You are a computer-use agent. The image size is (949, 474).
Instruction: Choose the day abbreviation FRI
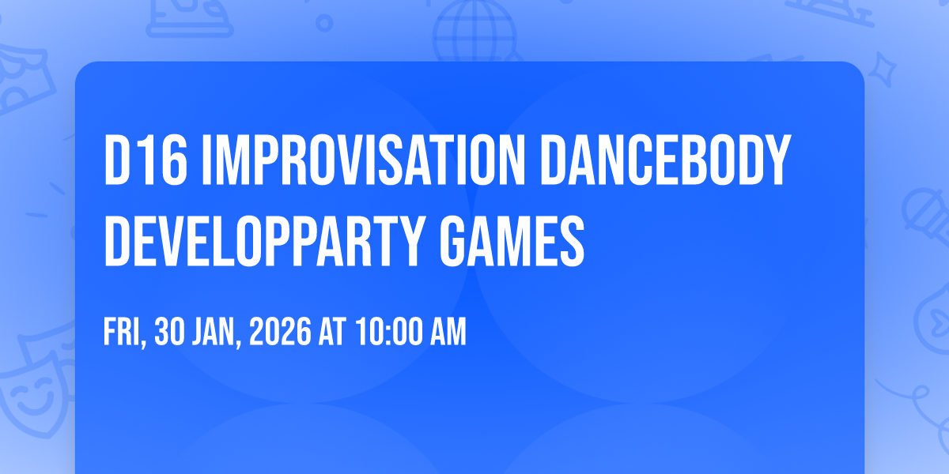[x=123, y=333]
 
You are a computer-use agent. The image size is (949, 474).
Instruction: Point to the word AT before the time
[x=331, y=333]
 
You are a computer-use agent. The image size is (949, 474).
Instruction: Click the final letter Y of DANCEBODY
[x=777, y=161]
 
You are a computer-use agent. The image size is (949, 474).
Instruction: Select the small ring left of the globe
[x=323, y=23]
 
